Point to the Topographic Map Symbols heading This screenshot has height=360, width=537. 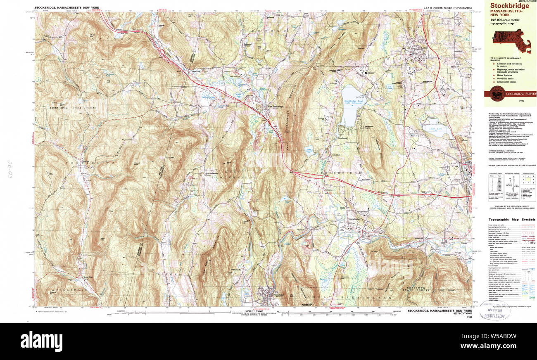click(x=510, y=220)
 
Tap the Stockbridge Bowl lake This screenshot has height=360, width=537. click(x=349, y=106)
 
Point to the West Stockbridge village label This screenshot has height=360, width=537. click(x=276, y=107)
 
